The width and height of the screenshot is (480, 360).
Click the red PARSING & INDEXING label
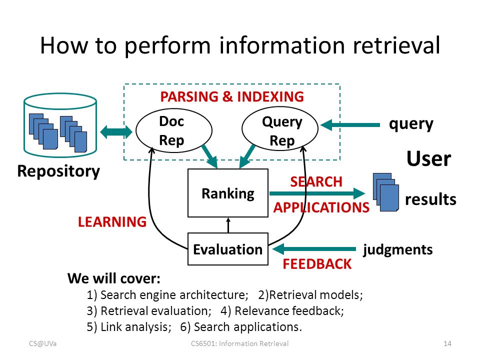coord(232,96)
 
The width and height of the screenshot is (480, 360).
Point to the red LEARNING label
coord(112,221)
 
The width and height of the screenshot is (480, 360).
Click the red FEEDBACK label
coord(317,264)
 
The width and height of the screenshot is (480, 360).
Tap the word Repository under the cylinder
coord(58,171)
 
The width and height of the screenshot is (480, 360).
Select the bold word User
coord(428,159)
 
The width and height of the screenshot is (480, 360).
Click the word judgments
coord(397,250)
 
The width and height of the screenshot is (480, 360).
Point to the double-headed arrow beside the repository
coord(116,132)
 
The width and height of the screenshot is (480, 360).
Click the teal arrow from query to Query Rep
coord(350,125)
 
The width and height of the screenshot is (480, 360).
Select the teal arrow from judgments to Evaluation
coord(314,249)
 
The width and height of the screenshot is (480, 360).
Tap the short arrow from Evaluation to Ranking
coord(228,225)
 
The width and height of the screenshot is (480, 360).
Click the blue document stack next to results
coord(385,192)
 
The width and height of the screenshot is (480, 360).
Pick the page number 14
coord(447,343)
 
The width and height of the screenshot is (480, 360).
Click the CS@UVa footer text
coord(43,343)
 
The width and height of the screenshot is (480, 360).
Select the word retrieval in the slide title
coord(396,45)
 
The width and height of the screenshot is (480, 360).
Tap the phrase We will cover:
coord(114,278)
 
